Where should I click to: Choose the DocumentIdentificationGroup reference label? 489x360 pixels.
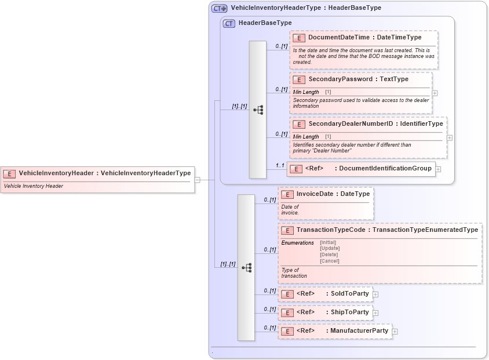coord(385,169)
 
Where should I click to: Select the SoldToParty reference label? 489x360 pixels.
coord(349,294)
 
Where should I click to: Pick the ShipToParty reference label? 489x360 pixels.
coord(349,312)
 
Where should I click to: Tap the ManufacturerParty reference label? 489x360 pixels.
coord(359,331)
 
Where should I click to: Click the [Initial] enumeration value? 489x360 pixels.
coord(328,242)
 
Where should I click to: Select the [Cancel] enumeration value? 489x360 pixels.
coord(329,261)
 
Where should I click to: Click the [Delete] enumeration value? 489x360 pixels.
coord(329,254)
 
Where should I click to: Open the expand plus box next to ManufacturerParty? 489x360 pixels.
coord(395,332)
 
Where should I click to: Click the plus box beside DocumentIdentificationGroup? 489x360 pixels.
coord(439,169)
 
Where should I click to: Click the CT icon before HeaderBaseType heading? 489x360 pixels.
coord(229,23)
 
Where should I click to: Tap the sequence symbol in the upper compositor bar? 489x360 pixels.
coord(258,110)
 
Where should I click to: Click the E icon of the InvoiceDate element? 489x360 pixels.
coord(287,195)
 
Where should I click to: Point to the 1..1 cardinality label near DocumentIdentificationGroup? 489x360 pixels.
coord(280,166)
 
